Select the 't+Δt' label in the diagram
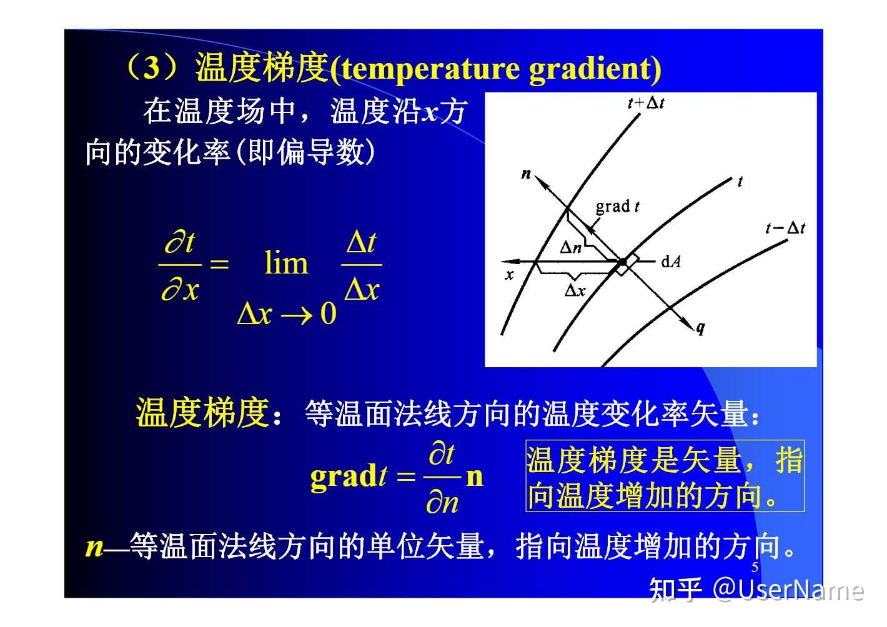(x=645, y=103)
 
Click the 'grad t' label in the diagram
(x=617, y=207)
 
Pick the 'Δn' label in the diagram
(x=570, y=248)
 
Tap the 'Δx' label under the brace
(x=574, y=290)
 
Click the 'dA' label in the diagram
(x=670, y=262)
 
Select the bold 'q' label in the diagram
(x=701, y=327)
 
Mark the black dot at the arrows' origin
(x=622, y=262)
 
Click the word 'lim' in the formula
(x=286, y=263)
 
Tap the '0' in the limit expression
(x=328, y=313)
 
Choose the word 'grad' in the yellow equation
(x=343, y=476)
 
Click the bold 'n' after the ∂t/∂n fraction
(x=475, y=476)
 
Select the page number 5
(x=755, y=567)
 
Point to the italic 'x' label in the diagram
(x=510, y=275)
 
